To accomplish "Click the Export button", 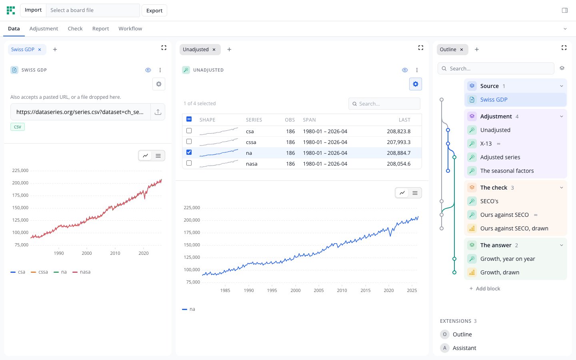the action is tap(154, 10).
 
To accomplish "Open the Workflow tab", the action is tap(130, 28).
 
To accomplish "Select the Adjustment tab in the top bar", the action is tap(44, 28).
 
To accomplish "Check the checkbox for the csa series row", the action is tap(189, 131).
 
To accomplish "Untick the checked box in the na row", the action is tap(189, 152).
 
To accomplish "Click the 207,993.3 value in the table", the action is tap(398, 142).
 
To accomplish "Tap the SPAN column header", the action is tap(309, 120).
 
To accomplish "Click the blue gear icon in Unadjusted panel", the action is tap(416, 84).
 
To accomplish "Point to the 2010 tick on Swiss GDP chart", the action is tap(115, 253).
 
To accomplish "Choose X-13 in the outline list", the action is tap(486, 144).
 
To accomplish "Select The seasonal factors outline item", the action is tap(507, 171).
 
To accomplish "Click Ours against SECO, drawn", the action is tap(514, 228).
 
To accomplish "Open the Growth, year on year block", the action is tap(508, 259).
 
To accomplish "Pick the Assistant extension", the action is tap(464, 348).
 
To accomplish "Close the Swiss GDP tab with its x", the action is tap(40, 50).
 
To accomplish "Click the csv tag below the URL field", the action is tap(18, 127).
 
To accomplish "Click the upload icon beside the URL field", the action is tap(158, 112).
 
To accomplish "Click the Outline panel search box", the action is tap(496, 68).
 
